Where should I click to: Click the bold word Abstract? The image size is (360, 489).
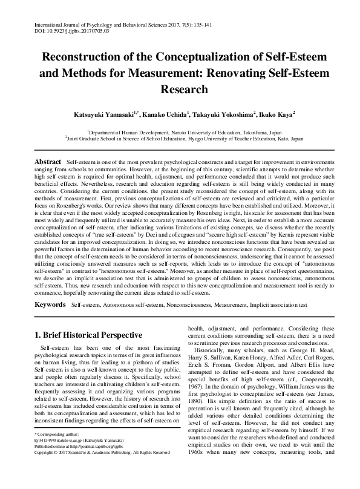48,163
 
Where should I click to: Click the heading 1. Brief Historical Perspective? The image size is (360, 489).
88,335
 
